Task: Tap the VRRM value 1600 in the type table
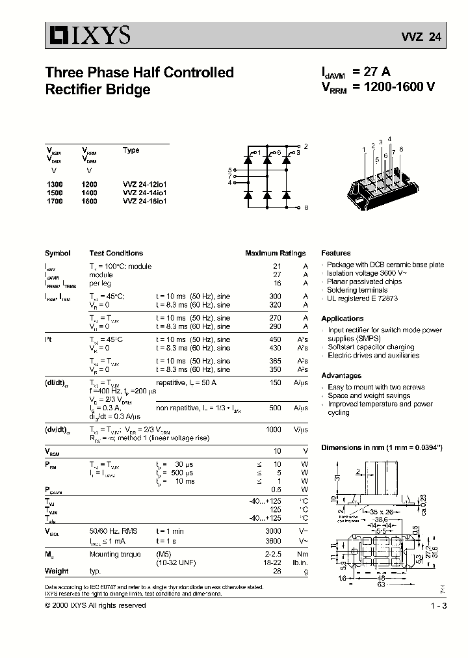(89, 202)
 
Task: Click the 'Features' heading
(335, 253)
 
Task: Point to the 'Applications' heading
(342, 319)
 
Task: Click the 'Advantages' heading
(341, 376)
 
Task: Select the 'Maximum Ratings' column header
(275, 253)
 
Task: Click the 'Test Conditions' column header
(116, 253)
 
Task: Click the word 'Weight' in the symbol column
(57, 571)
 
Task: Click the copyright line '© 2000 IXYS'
(95, 605)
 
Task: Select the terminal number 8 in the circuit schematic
(305, 207)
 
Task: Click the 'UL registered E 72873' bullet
(362, 298)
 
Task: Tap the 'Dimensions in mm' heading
(382, 448)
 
